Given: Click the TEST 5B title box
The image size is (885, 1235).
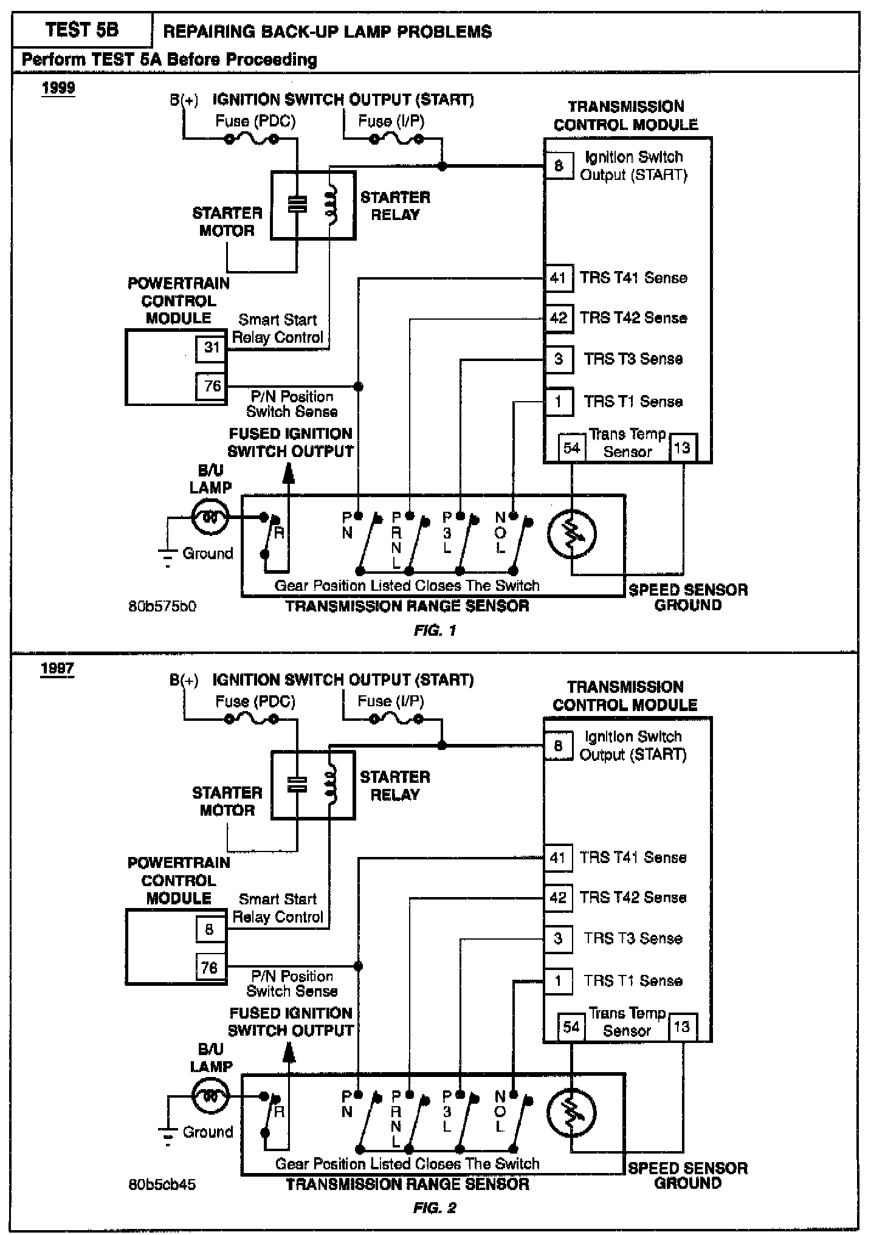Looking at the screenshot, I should click(82, 30).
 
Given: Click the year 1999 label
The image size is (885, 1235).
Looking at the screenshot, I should click(58, 88).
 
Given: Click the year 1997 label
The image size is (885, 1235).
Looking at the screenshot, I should click(58, 669).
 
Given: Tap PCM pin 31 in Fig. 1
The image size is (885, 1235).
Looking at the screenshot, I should click(211, 348).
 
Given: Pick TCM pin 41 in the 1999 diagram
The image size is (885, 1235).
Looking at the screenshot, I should click(558, 278).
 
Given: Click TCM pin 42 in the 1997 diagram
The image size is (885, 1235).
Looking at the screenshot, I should click(558, 898).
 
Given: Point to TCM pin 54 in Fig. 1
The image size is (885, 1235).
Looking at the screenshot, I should click(571, 449).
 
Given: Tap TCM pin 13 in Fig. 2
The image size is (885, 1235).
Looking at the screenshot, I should click(682, 1027).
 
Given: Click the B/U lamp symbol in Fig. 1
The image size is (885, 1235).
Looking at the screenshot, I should click(210, 517).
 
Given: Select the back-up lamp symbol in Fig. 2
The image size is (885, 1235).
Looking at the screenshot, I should click(210, 1096).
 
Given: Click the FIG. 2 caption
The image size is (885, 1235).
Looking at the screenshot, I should click(435, 1208).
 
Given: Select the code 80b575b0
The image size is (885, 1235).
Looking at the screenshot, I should click(162, 607).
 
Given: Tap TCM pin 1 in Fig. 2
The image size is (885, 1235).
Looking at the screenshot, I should click(558, 980).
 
